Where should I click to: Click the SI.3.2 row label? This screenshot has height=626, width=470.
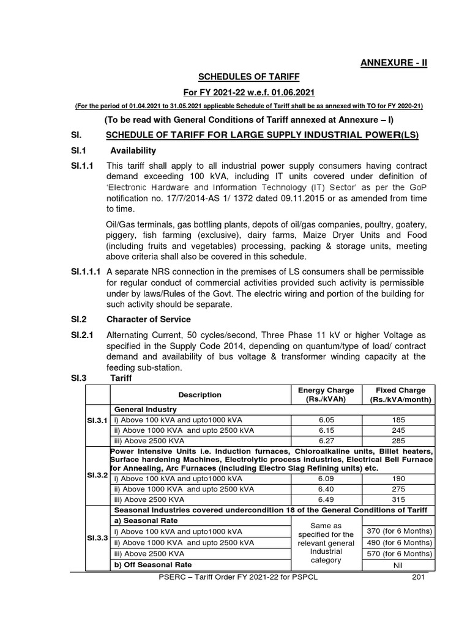[96, 474]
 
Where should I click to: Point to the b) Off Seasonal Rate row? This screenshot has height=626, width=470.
[151, 564]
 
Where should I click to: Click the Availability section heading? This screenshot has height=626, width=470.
[133, 150]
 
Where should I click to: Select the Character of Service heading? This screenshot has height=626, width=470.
[148, 319]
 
